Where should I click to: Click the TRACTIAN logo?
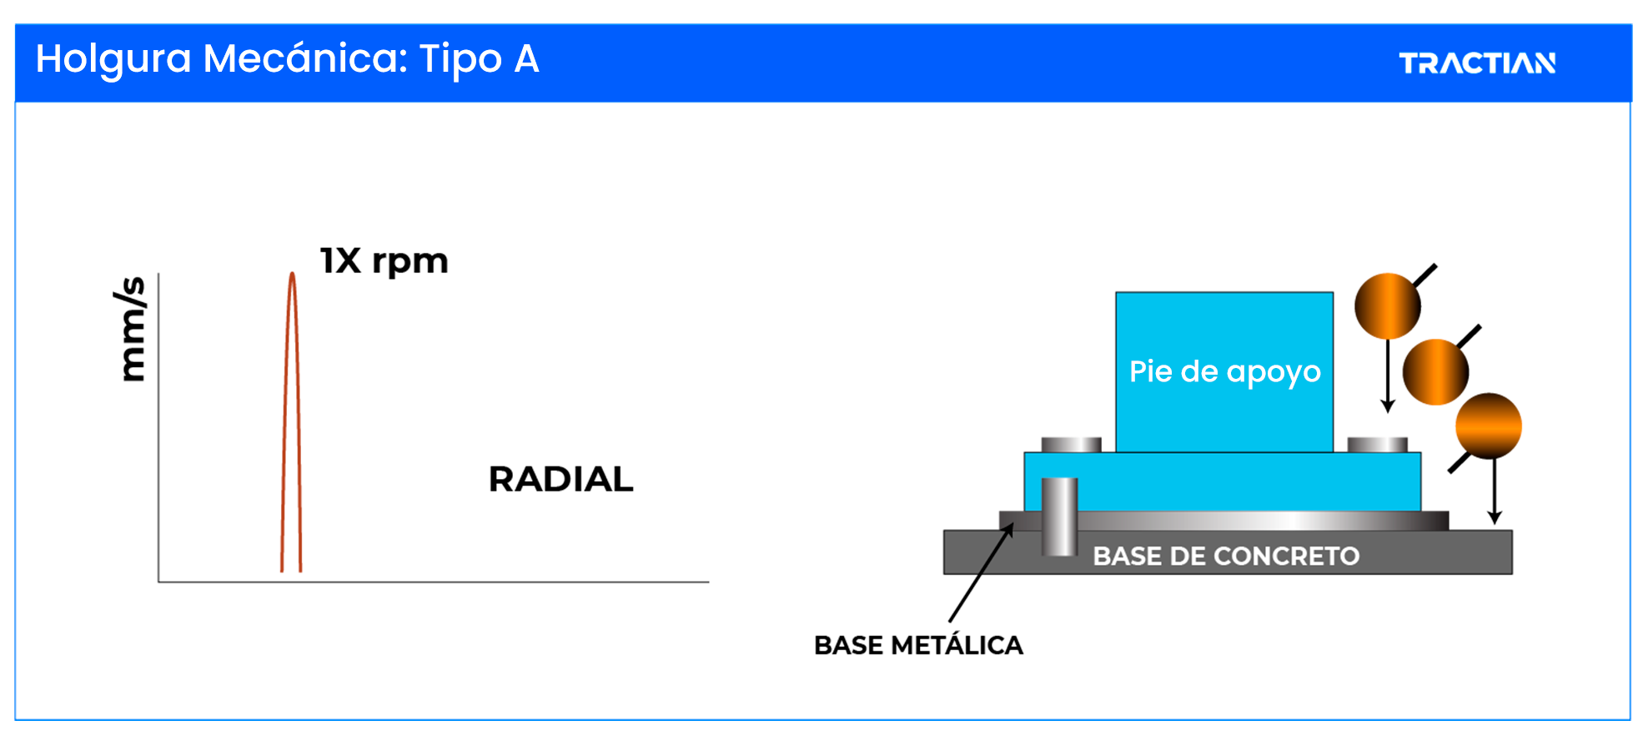[1476, 63]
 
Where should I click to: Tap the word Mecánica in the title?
[304, 59]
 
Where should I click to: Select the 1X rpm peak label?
[384, 261]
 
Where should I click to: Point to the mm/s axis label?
[132, 329]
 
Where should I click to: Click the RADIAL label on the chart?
[560, 480]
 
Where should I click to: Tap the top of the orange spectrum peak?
[292, 275]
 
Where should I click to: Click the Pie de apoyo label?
[1224, 371]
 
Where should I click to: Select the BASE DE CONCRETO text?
[1226, 557]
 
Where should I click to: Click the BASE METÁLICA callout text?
[918, 646]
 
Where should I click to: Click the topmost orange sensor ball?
[1387, 306]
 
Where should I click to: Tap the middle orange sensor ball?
[1435, 371]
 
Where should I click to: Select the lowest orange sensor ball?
[1489, 426]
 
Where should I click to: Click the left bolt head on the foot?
[1071, 444]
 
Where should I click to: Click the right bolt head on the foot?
[1377, 444]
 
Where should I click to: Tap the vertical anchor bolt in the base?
[1059, 517]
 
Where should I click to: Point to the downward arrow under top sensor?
[1388, 376]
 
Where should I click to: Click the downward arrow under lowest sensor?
[1495, 492]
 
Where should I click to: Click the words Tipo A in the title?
[479, 59]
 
